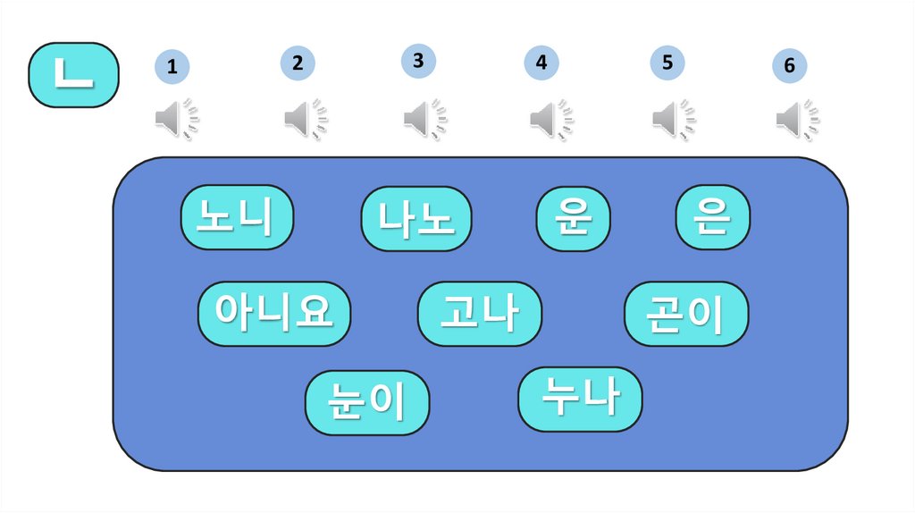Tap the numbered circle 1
click(x=172, y=67)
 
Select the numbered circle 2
click(x=298, y=63)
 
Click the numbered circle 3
click(x=418, y=60)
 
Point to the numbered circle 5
click(x=667, y=63)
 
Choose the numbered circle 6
click(x=789, y=66)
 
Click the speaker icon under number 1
click(x=177, y=119)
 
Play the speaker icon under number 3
click(x=424, y=119)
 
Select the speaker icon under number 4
click(x=550, y=119)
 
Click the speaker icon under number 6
click(x=797, y=120)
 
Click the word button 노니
click(x=238, y=217)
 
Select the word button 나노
click(x=416, y=219)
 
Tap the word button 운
click(x=573, y=219)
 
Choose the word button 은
click(x=712, y=217)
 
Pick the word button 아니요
click(x=273, y=314)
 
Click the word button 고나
click(x=479, y=314)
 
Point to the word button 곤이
click(x=685, y=314)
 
